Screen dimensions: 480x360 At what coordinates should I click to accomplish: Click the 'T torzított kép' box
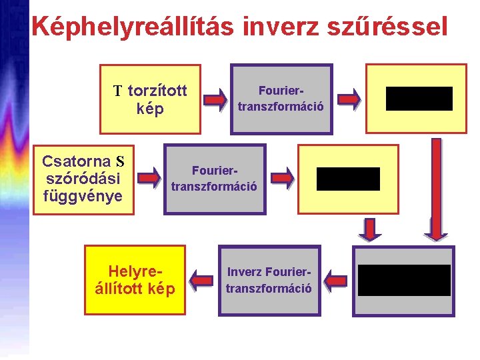coord(150,99)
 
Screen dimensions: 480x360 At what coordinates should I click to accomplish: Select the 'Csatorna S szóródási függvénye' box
coord(83,179)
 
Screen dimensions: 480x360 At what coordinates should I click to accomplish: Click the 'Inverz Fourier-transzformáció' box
coord(269,280)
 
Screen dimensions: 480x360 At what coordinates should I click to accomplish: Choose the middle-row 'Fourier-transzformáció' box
coord(214,179)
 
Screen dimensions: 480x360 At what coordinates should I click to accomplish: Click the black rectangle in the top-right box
coord(419,99)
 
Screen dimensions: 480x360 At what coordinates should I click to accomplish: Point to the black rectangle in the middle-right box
coord(348,179)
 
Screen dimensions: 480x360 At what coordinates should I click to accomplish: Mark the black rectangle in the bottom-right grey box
coord(404,280)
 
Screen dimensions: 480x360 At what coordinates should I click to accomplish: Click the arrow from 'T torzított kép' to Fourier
coord(215,100)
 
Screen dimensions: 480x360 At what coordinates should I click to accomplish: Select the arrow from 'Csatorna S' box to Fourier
coord(149,177)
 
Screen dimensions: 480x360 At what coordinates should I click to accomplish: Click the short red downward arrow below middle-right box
coord(369,229)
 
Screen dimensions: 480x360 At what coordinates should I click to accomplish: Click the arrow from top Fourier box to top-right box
coord(347,99)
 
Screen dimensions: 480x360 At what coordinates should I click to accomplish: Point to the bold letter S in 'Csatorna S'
coord(120,161)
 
